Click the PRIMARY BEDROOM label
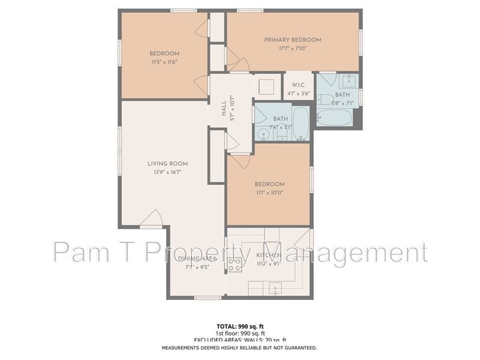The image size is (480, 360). tap(293, 40)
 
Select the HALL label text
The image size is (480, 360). tap(224, 109)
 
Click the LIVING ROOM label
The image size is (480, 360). tap(167, 163)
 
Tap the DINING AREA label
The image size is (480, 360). tap(196, 259)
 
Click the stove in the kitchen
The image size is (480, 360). tap(235, 265)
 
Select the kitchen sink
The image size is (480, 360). tap(275, 289)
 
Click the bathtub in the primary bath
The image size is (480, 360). tap(334, 116)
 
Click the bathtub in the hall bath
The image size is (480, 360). tap(301, 123)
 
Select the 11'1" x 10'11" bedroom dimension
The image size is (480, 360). tap(269, 193)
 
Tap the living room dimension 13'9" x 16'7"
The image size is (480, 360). tap(167, 172)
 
